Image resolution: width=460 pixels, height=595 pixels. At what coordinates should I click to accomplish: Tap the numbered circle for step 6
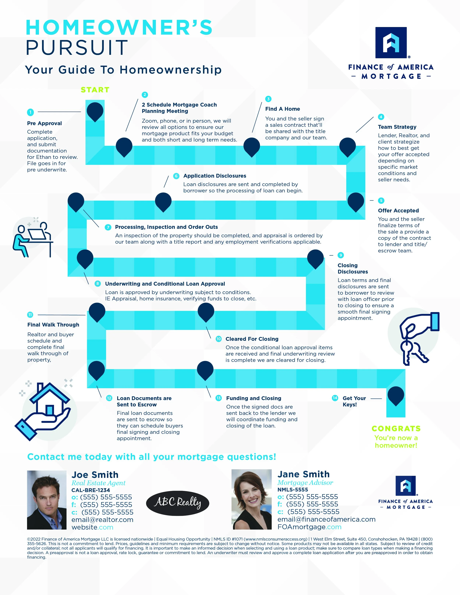[176, 176]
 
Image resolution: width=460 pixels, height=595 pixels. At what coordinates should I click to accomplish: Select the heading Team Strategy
[397, 127]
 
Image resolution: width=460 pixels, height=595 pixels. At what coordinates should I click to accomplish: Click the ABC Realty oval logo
[178, 503]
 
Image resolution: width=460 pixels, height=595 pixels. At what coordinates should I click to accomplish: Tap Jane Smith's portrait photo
[252, 499]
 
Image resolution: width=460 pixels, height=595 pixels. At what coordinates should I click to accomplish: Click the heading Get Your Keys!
[354, 401]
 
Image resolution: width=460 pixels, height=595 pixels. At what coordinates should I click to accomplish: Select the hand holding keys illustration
[416, 338]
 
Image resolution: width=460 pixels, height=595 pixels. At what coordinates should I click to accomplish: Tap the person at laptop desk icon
[33, 237]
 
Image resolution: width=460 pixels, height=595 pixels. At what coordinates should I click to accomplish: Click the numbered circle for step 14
[335, 398]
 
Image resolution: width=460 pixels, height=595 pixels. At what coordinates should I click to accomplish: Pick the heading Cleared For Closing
[252, 339]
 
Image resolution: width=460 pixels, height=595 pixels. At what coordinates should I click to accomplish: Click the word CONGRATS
[396, 429]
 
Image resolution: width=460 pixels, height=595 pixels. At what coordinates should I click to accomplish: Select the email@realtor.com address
[102, 520]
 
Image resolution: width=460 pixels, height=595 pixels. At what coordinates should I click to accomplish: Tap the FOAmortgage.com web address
[309, 527]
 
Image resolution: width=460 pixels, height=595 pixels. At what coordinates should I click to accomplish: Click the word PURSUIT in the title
[77, 48]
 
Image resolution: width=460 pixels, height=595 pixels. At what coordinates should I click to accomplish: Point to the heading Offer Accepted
[398, 211]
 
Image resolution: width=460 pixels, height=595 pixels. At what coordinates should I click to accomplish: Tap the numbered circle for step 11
[30, 315]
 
